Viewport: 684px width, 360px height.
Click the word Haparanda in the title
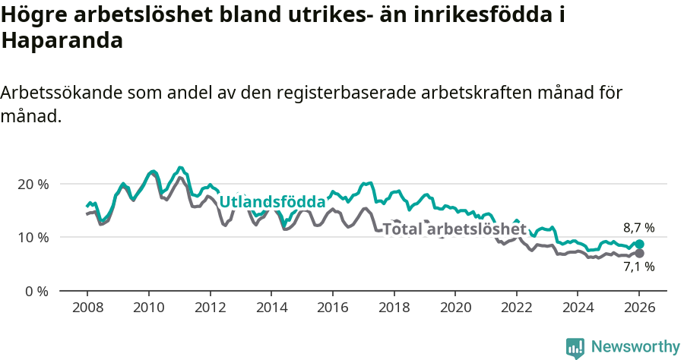click(62, 41)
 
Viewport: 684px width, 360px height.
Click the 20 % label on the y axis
click(33, 184)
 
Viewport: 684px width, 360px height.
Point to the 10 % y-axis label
click(33, 237)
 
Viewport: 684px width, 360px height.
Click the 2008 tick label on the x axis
click(87, 309)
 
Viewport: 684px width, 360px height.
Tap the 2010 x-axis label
click(148, 309)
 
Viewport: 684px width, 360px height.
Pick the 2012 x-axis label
click(210, 309)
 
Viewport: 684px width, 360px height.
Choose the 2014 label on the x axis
click(271, 309)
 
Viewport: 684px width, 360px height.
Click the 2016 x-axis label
click(333, 309)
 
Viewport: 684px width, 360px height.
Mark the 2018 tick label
click(394, 309)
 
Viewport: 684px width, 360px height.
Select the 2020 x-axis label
click(455, 309)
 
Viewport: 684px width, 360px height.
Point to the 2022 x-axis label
click(517, 309)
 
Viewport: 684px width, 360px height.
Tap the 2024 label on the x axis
click(578, 309)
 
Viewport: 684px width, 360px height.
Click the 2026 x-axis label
click(639, 309)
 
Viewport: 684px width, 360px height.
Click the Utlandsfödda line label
click(272, 201)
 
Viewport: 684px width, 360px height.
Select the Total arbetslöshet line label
click(454, 229)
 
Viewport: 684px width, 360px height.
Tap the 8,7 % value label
click(638, 227)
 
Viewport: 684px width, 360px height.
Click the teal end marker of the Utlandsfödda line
click(639, 245)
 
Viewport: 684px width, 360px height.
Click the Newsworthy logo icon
click(575, 347)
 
